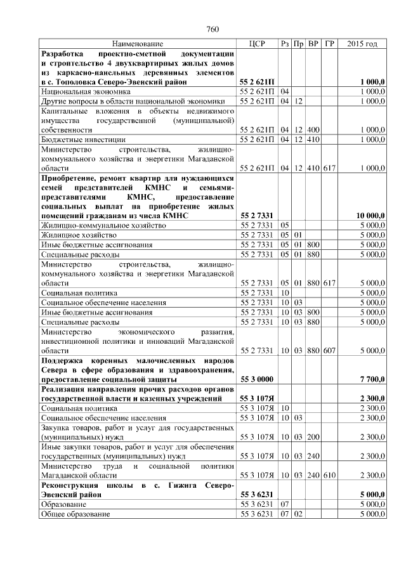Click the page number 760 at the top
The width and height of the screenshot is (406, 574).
coord(213,29)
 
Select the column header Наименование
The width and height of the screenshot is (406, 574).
coord(137,44)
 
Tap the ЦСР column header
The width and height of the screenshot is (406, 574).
coord(257,44)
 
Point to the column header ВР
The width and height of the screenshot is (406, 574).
coord(313,44)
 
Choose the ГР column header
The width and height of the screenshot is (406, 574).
coord(329,44)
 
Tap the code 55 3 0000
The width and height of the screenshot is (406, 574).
coord(257,379)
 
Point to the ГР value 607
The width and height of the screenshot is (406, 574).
coord(329,350)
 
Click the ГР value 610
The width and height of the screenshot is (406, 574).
coord(329,475)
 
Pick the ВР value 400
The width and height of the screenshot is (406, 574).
coord(313,129)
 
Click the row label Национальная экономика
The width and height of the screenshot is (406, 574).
coord(86,91)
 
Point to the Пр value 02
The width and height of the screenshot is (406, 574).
coord(298,513)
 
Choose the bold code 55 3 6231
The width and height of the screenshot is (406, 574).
coord(257,494)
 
